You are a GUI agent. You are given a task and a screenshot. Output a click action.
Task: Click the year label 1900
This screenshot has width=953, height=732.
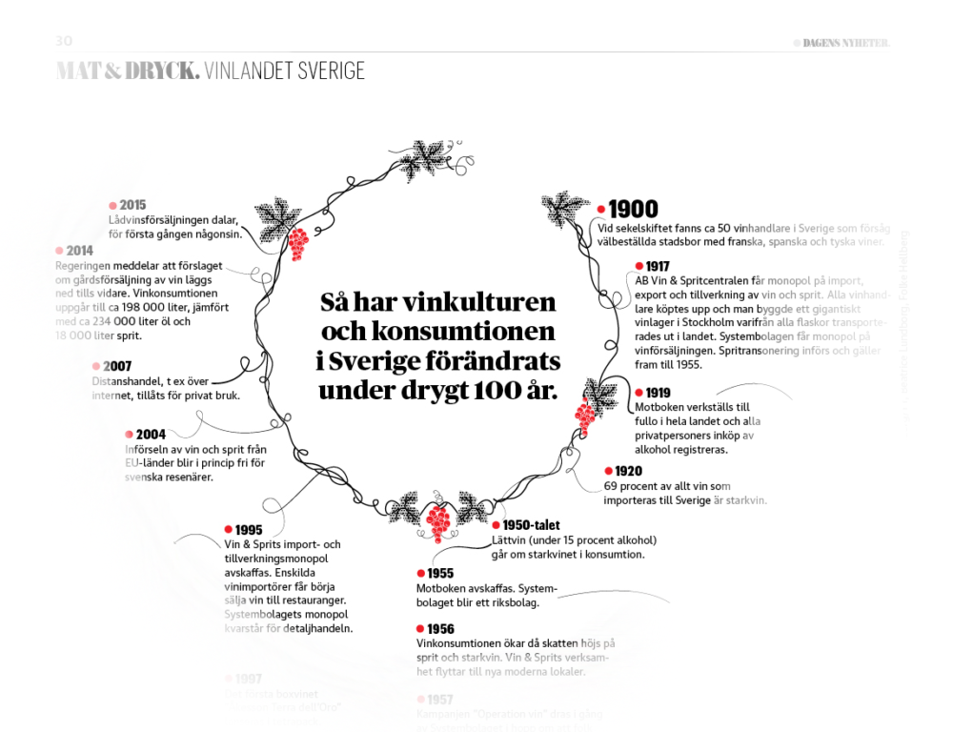pos(634,209)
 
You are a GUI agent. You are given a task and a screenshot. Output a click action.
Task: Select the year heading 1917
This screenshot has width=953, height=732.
pos(658,266)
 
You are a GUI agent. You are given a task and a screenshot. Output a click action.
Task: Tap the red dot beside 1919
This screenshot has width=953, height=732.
pos(639,393)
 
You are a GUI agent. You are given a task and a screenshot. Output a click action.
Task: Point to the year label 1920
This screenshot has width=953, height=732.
pos(628,471)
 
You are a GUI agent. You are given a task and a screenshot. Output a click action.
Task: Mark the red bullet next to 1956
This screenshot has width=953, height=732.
pos(420,629)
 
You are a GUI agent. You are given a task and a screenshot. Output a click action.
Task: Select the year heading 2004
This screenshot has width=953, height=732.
pos(151,435)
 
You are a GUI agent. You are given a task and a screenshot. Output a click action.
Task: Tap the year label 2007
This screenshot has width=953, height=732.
pos(118,366)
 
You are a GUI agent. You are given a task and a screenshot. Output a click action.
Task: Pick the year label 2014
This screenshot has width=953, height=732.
pos(79,251)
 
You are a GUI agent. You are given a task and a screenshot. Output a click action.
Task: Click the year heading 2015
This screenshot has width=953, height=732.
pos(132,205)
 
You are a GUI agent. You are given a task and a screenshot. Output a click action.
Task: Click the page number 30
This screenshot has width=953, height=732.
pos(64,41)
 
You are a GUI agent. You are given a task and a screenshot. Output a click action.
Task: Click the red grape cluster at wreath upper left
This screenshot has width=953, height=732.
pos(298,244)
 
